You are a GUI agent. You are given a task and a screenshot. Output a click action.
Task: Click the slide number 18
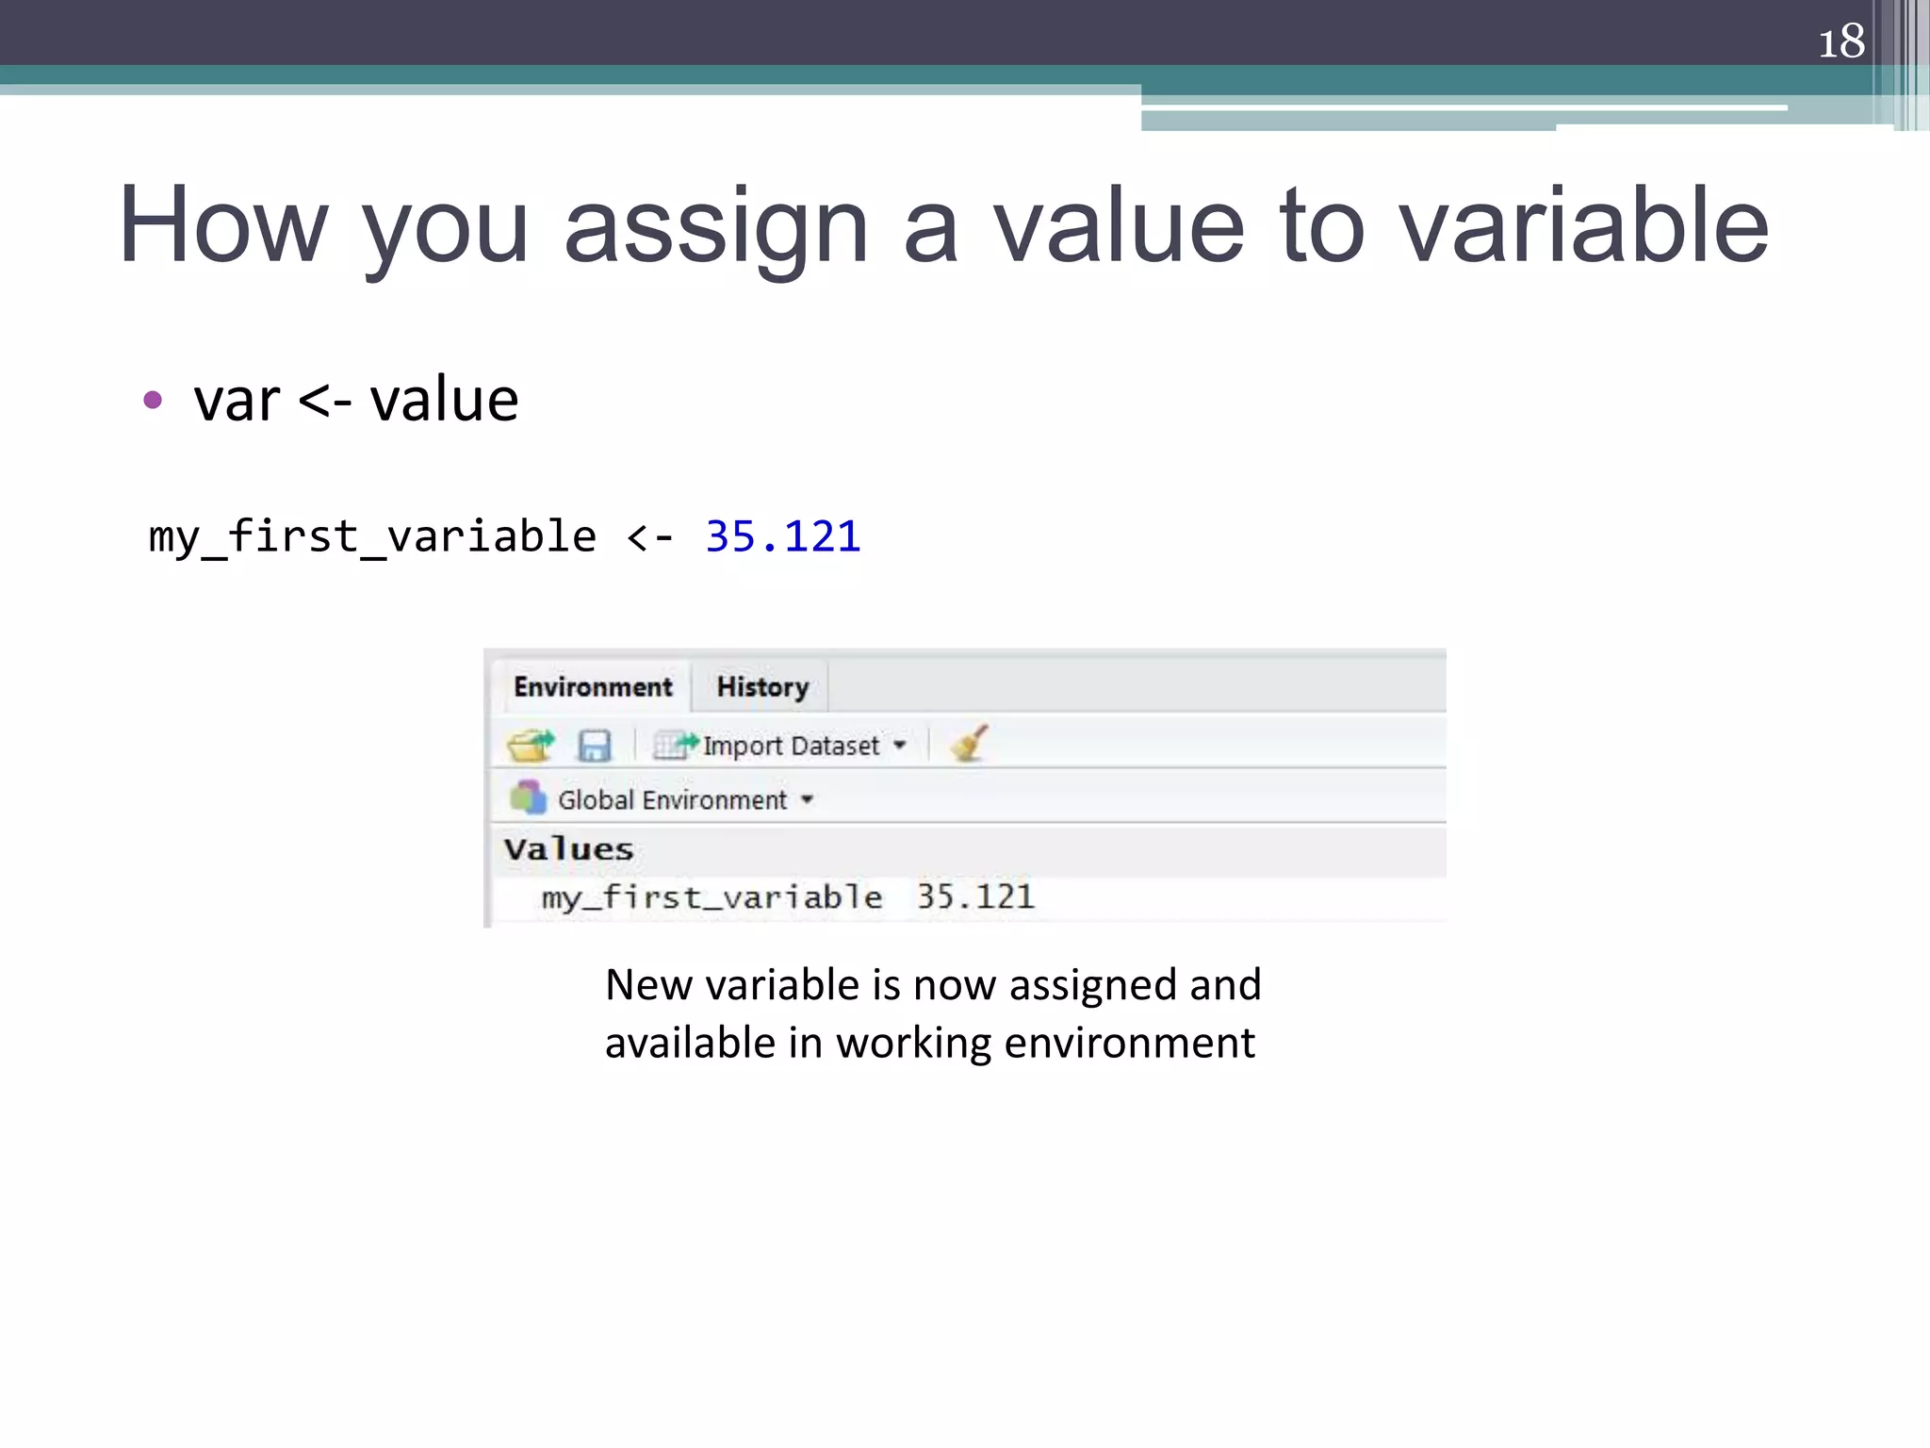click(1840, 41)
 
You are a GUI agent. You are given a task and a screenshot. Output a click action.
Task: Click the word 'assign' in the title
click(715, 227)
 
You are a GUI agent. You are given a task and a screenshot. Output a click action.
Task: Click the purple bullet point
click(153, 400)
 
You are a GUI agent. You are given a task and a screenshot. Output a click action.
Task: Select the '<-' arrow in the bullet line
click(325, 401)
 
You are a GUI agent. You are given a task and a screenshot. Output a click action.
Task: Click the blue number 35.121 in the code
click(782, 536)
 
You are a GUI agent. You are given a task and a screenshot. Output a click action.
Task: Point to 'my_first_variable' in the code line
click(372, 537)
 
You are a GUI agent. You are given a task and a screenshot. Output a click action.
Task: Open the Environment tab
click(593, 686)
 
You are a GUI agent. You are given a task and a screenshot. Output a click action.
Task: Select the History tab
click(762, 686)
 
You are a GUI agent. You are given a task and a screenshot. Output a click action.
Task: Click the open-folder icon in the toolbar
click(531, 745)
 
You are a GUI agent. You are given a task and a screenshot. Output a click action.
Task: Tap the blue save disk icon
click(594, 746)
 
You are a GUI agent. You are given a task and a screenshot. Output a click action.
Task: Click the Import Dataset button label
click(790, 746)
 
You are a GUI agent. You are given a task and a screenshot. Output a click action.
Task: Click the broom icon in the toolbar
click(969, 743)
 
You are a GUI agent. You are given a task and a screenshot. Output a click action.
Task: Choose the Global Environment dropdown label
click(672, 800)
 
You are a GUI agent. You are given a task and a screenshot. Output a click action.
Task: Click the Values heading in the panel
click(568, 848)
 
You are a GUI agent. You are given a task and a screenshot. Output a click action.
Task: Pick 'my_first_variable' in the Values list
click(711, 897)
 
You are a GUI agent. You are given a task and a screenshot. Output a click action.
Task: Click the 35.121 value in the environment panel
click(975, 897)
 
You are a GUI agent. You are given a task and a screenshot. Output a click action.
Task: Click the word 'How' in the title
click(223, 225)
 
